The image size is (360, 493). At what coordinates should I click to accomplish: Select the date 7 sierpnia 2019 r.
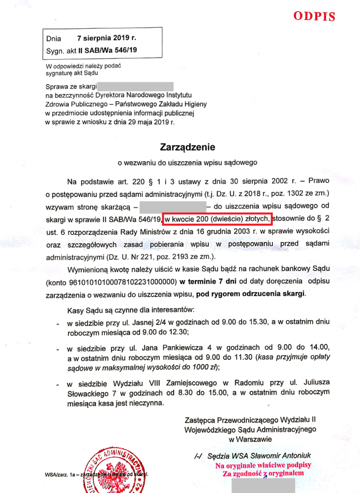[106, 37]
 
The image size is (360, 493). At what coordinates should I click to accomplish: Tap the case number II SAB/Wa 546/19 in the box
[107, 50]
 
